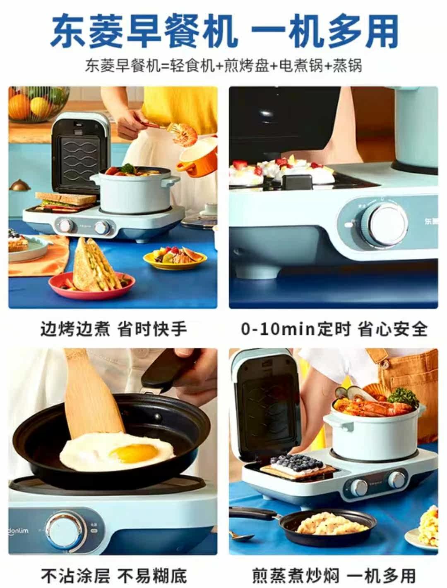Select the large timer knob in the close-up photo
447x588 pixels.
pyautogui.click(x=386, y=225)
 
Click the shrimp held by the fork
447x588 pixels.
pyautogui.click(x=185, y=134)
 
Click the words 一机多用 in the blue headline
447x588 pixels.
pyautogui.click(x=324, y=31)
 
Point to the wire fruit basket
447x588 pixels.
pyautogui.click(x=38, y=104)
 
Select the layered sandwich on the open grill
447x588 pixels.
pyautogui.click(x=66, y=202)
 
